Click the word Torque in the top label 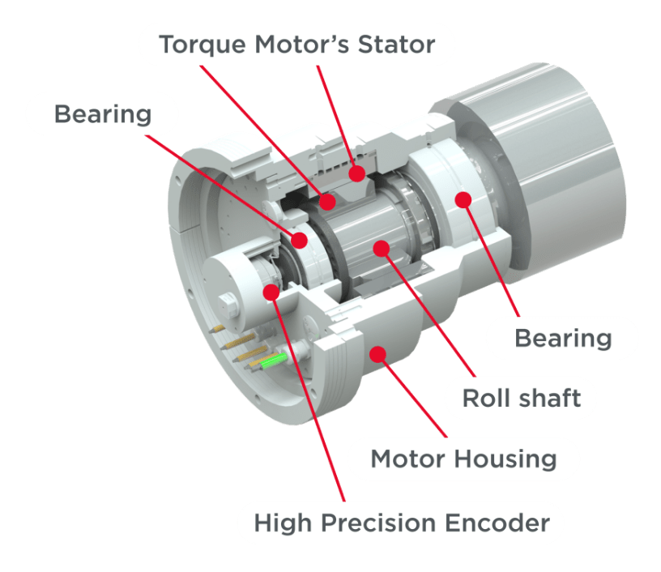203,45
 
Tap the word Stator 396,45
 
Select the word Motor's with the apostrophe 302,45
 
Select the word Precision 377,523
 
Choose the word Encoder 497,523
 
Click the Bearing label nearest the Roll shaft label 563,339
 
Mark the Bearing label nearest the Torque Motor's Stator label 103,115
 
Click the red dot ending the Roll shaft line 382,248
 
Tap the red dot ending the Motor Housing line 377,355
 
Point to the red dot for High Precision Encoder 271,292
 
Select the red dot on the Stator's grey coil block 357,173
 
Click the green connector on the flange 273,361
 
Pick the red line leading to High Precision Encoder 308,397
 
